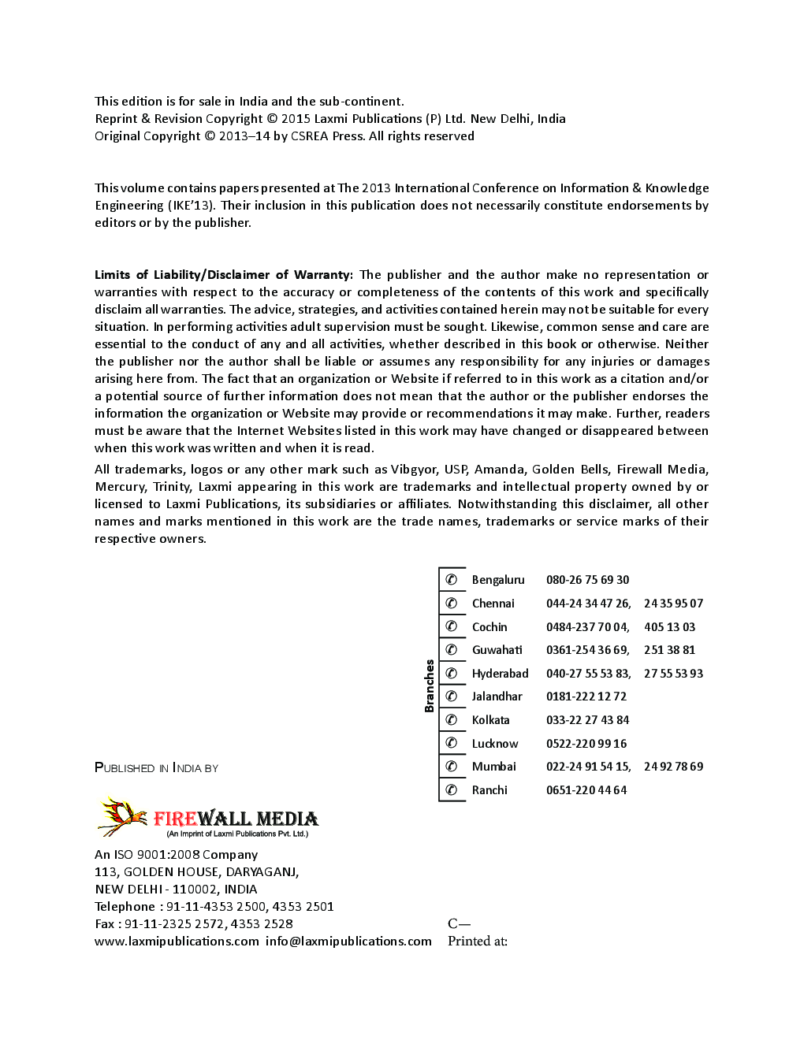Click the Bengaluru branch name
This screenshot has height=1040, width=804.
(x=497, y=580)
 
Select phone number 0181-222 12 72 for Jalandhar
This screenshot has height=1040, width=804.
(x=586, y=696)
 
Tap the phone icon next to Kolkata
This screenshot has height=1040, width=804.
(x=452, y=719)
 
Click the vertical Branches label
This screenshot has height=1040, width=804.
(x=430, y=685)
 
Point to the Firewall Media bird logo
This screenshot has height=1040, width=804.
(x=122, y=816)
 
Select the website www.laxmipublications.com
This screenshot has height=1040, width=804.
(x=177, y=941)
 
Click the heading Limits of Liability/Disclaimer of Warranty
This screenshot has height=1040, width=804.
(x=224, y=275)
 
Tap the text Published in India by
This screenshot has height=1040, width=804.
(x=156, y=768)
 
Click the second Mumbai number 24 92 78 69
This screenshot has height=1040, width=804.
(x=673, y=767)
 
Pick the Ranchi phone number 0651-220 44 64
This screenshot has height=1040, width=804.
(x=586, y=790)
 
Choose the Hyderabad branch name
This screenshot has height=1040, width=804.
(x=500, y=674)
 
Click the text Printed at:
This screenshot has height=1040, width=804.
(x=477, y=941)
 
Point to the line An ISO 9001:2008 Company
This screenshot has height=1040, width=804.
(x=176, y=855)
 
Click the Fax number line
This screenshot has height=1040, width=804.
(x=193, y=923)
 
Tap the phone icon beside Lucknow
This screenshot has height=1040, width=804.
(x=452, y=743)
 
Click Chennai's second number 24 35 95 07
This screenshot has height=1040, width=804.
(x=673, y=604)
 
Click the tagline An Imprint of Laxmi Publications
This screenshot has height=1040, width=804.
(x=236, y=834)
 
